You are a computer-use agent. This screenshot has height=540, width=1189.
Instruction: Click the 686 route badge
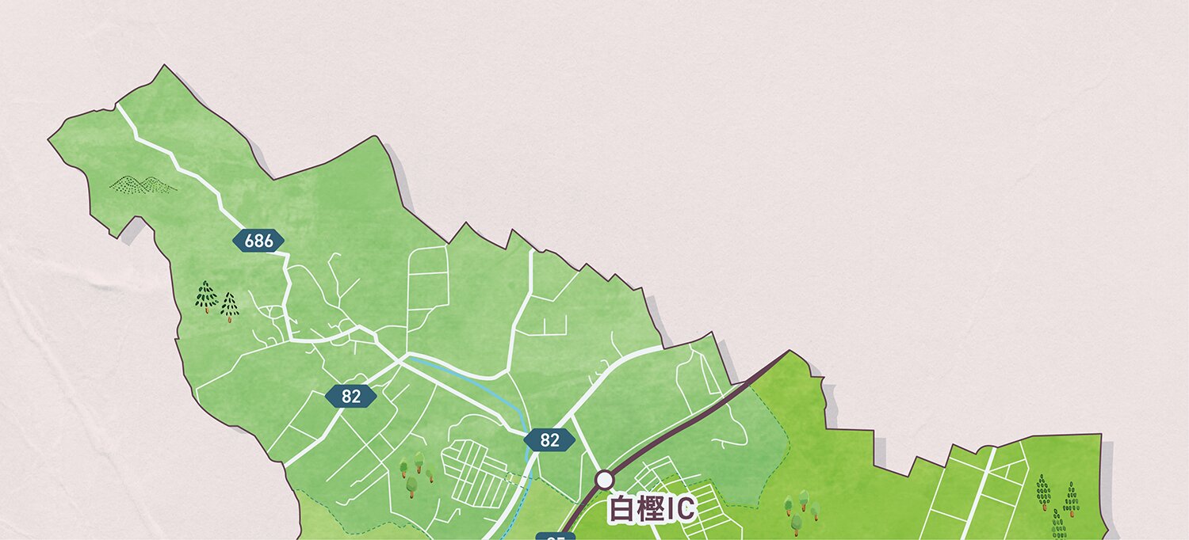click(258, 241)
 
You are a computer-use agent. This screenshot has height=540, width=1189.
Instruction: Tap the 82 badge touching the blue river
click(549, 440)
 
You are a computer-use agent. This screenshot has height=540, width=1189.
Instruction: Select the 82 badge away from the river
click(350, 397)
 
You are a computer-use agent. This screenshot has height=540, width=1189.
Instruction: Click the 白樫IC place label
click(651, 509)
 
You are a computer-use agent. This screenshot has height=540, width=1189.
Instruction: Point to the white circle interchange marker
click(605, 479)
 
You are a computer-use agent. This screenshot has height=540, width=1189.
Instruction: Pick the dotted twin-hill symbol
click(143, 185)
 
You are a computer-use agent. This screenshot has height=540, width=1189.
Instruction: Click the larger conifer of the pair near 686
click(206, 295)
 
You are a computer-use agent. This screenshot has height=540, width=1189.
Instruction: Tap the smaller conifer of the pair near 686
click(229, 306)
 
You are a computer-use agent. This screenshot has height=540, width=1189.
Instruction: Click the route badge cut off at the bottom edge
click(555, 536)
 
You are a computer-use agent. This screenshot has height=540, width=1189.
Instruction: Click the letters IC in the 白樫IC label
click(680, 510)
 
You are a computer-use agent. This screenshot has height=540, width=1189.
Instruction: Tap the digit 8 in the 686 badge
click(258, 241)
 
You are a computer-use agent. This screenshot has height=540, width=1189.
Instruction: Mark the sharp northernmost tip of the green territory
click(164, 66)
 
